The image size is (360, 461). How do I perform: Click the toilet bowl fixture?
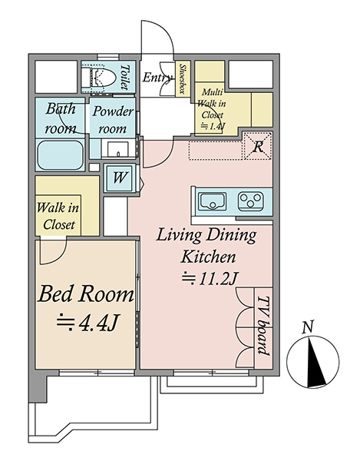coord(98,78)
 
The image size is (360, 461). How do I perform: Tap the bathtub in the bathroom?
coord(61,154)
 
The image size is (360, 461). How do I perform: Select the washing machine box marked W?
coord(120,177)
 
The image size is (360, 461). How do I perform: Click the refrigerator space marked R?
coord(258,146)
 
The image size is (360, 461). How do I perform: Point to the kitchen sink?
coord(213,201)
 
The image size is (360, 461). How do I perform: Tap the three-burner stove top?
coord(250,201)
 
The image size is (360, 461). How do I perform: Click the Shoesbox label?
coord(183,79)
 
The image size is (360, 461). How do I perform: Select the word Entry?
coord(157,78)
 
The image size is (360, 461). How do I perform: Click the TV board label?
coord(263,326)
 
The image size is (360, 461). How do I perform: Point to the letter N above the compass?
coord(308,327)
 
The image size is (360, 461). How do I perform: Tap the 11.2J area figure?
coord(209,279)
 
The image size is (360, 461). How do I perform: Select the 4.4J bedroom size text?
coord(88,323)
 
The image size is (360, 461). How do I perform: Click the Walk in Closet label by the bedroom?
coord(58,217)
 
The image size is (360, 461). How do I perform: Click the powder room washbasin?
coord(117,150)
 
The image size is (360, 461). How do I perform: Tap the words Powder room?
coord(113,120)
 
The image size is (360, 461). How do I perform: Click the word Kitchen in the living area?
coord(208,257)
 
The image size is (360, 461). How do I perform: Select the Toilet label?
coord(125,78)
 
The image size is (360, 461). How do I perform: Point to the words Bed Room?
coord(86,294)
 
